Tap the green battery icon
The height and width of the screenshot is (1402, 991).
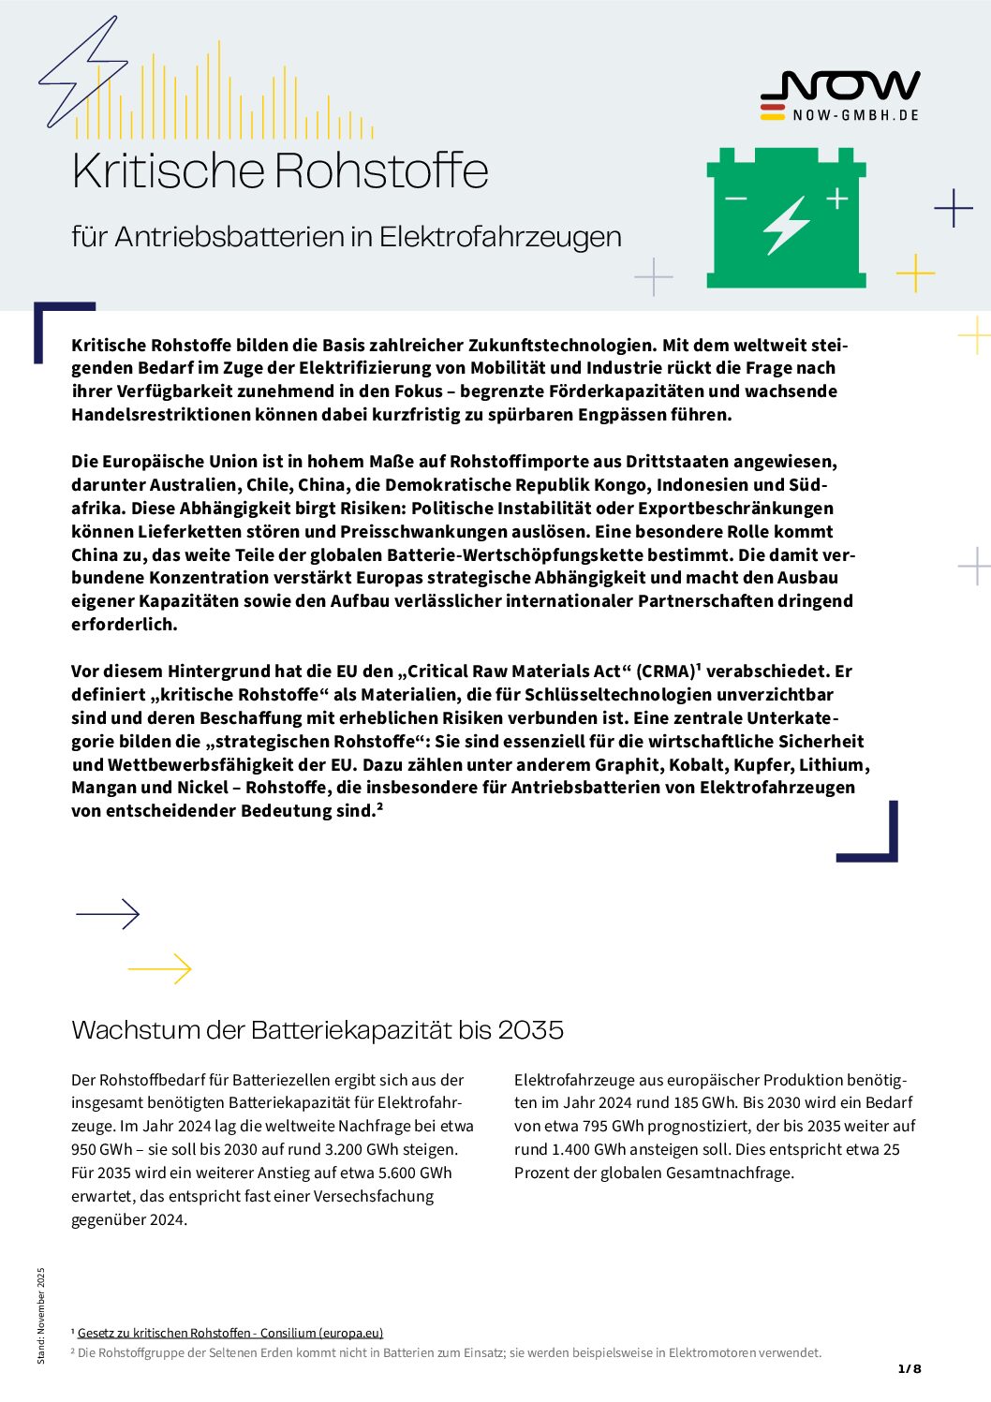pos(786,218)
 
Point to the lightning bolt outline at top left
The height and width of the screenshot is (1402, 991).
pos(82,71)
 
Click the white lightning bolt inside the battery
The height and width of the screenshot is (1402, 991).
pos(786,225)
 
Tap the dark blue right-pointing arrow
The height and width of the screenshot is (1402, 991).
pos(108,913)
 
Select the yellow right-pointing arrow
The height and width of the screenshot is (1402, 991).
pos(160,968)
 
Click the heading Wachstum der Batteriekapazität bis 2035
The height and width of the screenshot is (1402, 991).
pos(318,1030)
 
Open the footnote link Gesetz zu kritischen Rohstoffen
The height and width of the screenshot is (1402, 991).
pos(230,1333)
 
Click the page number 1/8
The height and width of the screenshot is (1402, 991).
pos(910,1368)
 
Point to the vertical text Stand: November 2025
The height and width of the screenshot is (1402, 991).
pos(40,1315)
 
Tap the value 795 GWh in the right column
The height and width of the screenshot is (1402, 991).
pos(599,1126)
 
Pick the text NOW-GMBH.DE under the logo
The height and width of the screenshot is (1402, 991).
pos(855,115)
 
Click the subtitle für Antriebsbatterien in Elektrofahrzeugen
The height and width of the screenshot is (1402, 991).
pos(347,237)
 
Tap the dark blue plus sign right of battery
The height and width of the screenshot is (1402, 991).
pos(954,208)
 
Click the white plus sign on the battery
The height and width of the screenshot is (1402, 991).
pos(836,198)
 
